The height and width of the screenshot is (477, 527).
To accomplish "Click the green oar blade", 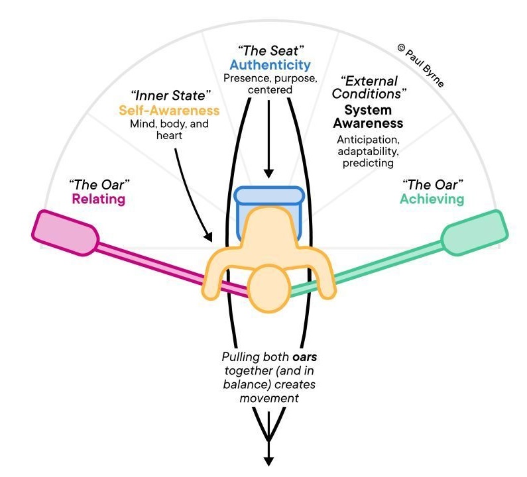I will (x=475, y=233).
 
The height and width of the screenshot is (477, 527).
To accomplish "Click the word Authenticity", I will (x=270, y=65).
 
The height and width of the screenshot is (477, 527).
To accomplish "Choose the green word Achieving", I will (x=432, y=198).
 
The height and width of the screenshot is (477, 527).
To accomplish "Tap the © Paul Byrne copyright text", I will (x=420, y=66).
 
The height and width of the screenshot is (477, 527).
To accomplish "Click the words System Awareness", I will (x=369, y=117).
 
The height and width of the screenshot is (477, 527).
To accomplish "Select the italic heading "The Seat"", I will (x=270, y=50).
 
